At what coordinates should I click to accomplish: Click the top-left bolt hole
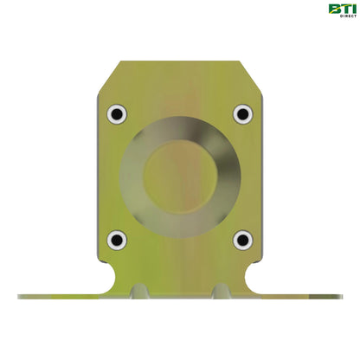[117, 113]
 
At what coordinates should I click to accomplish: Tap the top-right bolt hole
[242, 113]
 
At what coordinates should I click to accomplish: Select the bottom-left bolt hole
[117, 240]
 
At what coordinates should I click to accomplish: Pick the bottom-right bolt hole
[242, 240]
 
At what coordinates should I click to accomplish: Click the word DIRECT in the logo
[338, 16]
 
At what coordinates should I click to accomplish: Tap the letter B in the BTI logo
[333, 9]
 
